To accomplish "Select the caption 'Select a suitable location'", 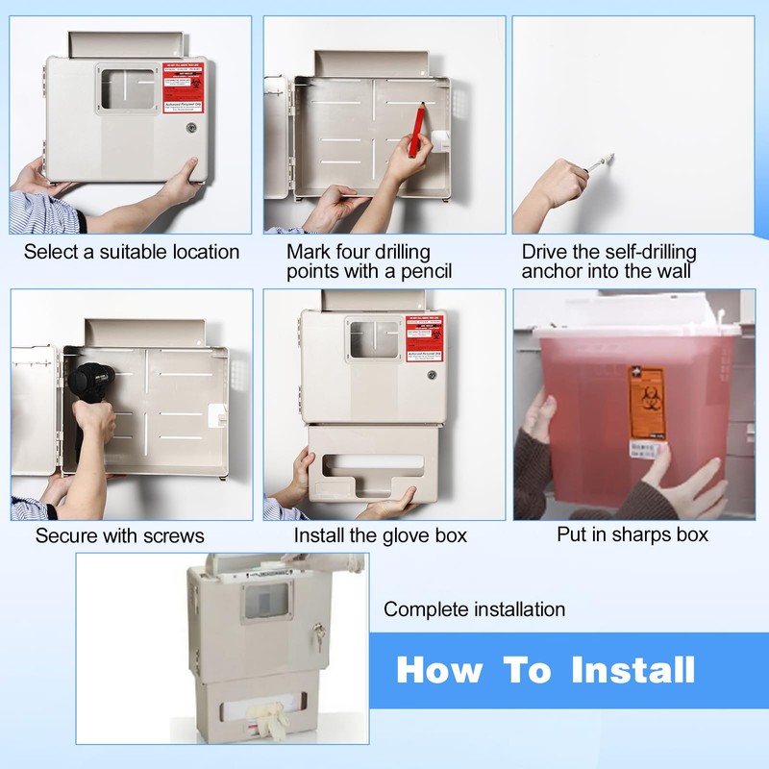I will click(x=132, y=252).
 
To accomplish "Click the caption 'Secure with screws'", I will click(x=120, y=534).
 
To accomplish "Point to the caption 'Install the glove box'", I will click(x=381, y=534).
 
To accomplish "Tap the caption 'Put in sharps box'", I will click(x=633, y=533).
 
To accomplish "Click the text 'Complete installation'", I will click(x=475, y=609).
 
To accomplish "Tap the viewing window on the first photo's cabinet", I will click(x=129, y=90).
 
